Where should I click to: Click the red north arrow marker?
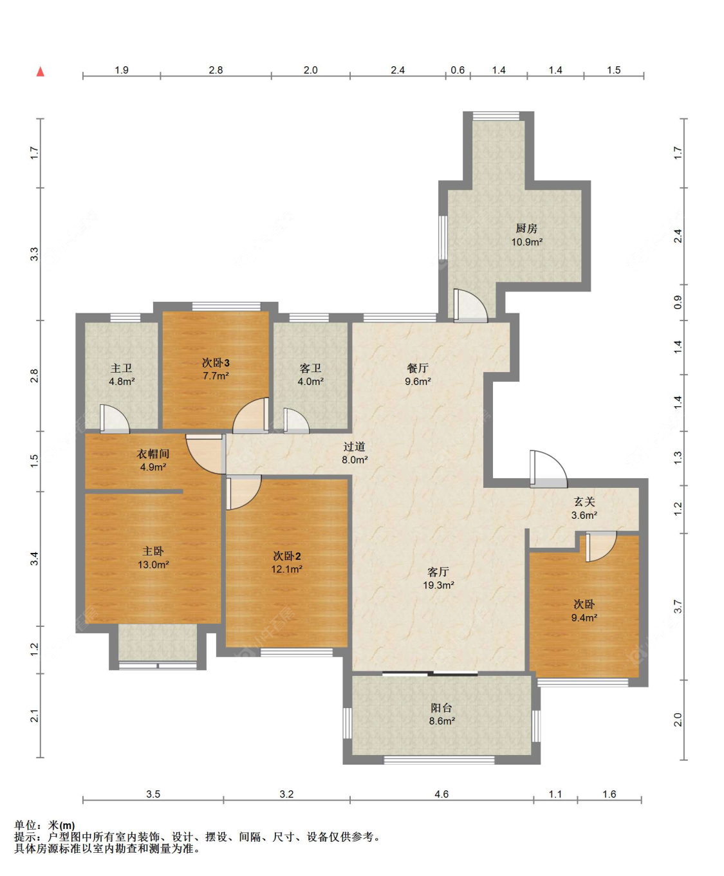pos(41,71)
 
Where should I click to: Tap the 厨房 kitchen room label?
pos(526,228)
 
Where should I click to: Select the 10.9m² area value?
pos(527,242)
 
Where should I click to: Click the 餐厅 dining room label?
pos(418,368)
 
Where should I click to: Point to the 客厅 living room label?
pos(438,572)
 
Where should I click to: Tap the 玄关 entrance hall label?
pos(584,501)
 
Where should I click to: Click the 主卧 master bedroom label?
pos(153,551)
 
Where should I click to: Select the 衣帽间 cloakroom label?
pos(153,454)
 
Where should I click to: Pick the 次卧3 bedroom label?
pos(216,362)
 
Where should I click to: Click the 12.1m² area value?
pos(287,569)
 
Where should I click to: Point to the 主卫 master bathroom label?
pos(121,368)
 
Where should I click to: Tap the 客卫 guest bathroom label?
pos(310,368)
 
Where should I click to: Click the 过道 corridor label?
pos(354,447)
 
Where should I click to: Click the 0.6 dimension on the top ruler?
pos(458,70)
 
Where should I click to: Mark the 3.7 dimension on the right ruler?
pos(678,607)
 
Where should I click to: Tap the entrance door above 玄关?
pos(548,469)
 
